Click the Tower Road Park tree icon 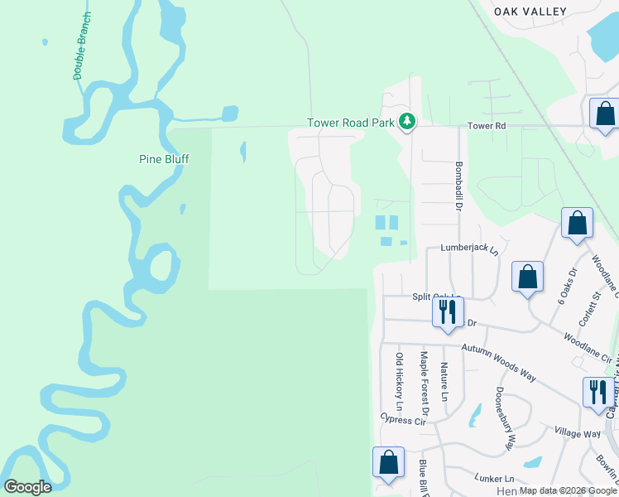coord(406,122)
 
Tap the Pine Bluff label coord(163,158)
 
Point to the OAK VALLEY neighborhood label coord(530,12)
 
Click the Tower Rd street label coord(486,126)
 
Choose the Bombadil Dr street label coord(458,186)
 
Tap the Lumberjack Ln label coord(470,248)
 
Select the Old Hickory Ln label coord(400,382)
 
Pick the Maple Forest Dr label coord(425,384)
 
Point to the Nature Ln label coord(444,381)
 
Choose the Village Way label coord(578,434)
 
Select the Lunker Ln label coord(494,479)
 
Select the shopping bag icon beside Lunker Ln coord(388,462)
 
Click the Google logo coord(28,487)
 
